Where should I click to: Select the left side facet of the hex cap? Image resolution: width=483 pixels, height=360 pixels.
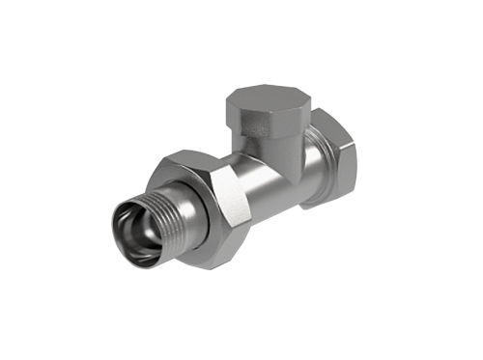click(x=236, y=113)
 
